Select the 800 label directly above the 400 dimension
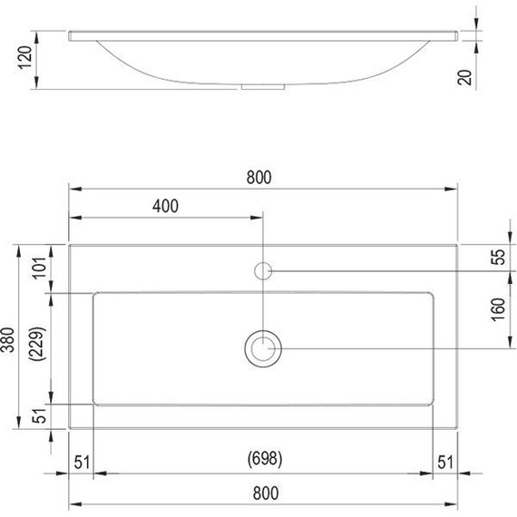[258, 177]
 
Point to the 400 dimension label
[165, 205]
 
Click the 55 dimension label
[497, 257]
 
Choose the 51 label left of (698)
[82, 460]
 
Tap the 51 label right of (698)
[444, 460]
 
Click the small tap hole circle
[263, 270]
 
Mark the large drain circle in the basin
[263, 348]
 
